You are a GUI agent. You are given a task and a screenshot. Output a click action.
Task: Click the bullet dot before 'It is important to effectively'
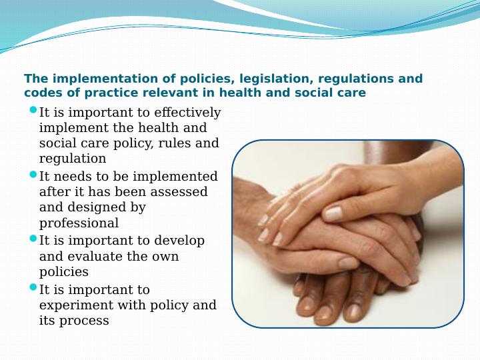tap(34, 110)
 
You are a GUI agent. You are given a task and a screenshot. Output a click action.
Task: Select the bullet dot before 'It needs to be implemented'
tap(34, 175)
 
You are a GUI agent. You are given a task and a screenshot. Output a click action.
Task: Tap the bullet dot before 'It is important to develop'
tap(34, 239)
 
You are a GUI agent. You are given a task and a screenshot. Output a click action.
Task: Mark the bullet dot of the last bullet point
tap(34, 288)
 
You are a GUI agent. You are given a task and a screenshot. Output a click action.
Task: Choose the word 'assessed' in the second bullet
tap(181, 192)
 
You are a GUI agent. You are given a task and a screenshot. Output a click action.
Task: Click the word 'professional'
tap(79, 223)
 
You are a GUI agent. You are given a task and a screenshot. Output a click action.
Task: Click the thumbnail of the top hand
tap(333, 213)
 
